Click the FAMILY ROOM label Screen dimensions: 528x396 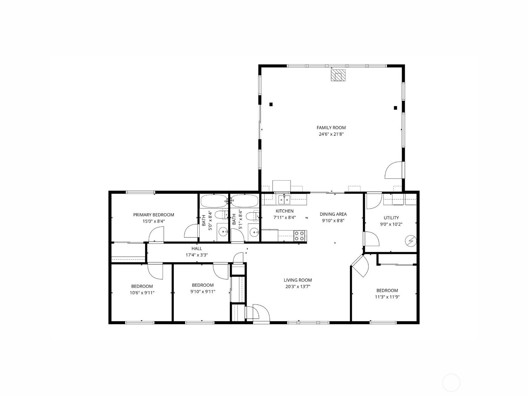[x=331, y=128]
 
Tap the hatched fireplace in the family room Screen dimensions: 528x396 [x=338, y=75]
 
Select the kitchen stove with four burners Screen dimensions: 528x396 [x=300, y=236]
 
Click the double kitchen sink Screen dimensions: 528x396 [x=284, y=200]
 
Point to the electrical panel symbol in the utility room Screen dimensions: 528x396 [x=411, y=241]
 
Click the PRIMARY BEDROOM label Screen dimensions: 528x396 [x=153, y=215]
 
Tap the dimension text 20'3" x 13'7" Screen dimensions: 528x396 [x=298, y=286]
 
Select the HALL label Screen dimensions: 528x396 [x=197, y=248]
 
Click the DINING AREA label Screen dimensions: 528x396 [x=333, y=214]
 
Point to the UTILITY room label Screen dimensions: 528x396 [x=391, y=218]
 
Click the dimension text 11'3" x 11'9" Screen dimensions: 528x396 [x=387, y=297]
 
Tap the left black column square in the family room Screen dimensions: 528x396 [x=271, y=104]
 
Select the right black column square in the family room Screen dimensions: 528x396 [x=395, y=108]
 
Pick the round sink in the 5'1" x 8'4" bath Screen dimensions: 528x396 [x=254, y=232]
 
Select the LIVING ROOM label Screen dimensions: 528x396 [x=298, y=280]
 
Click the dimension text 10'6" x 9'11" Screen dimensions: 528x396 [x=142, y=293]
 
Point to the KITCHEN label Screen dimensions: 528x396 [x=284, y=211]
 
